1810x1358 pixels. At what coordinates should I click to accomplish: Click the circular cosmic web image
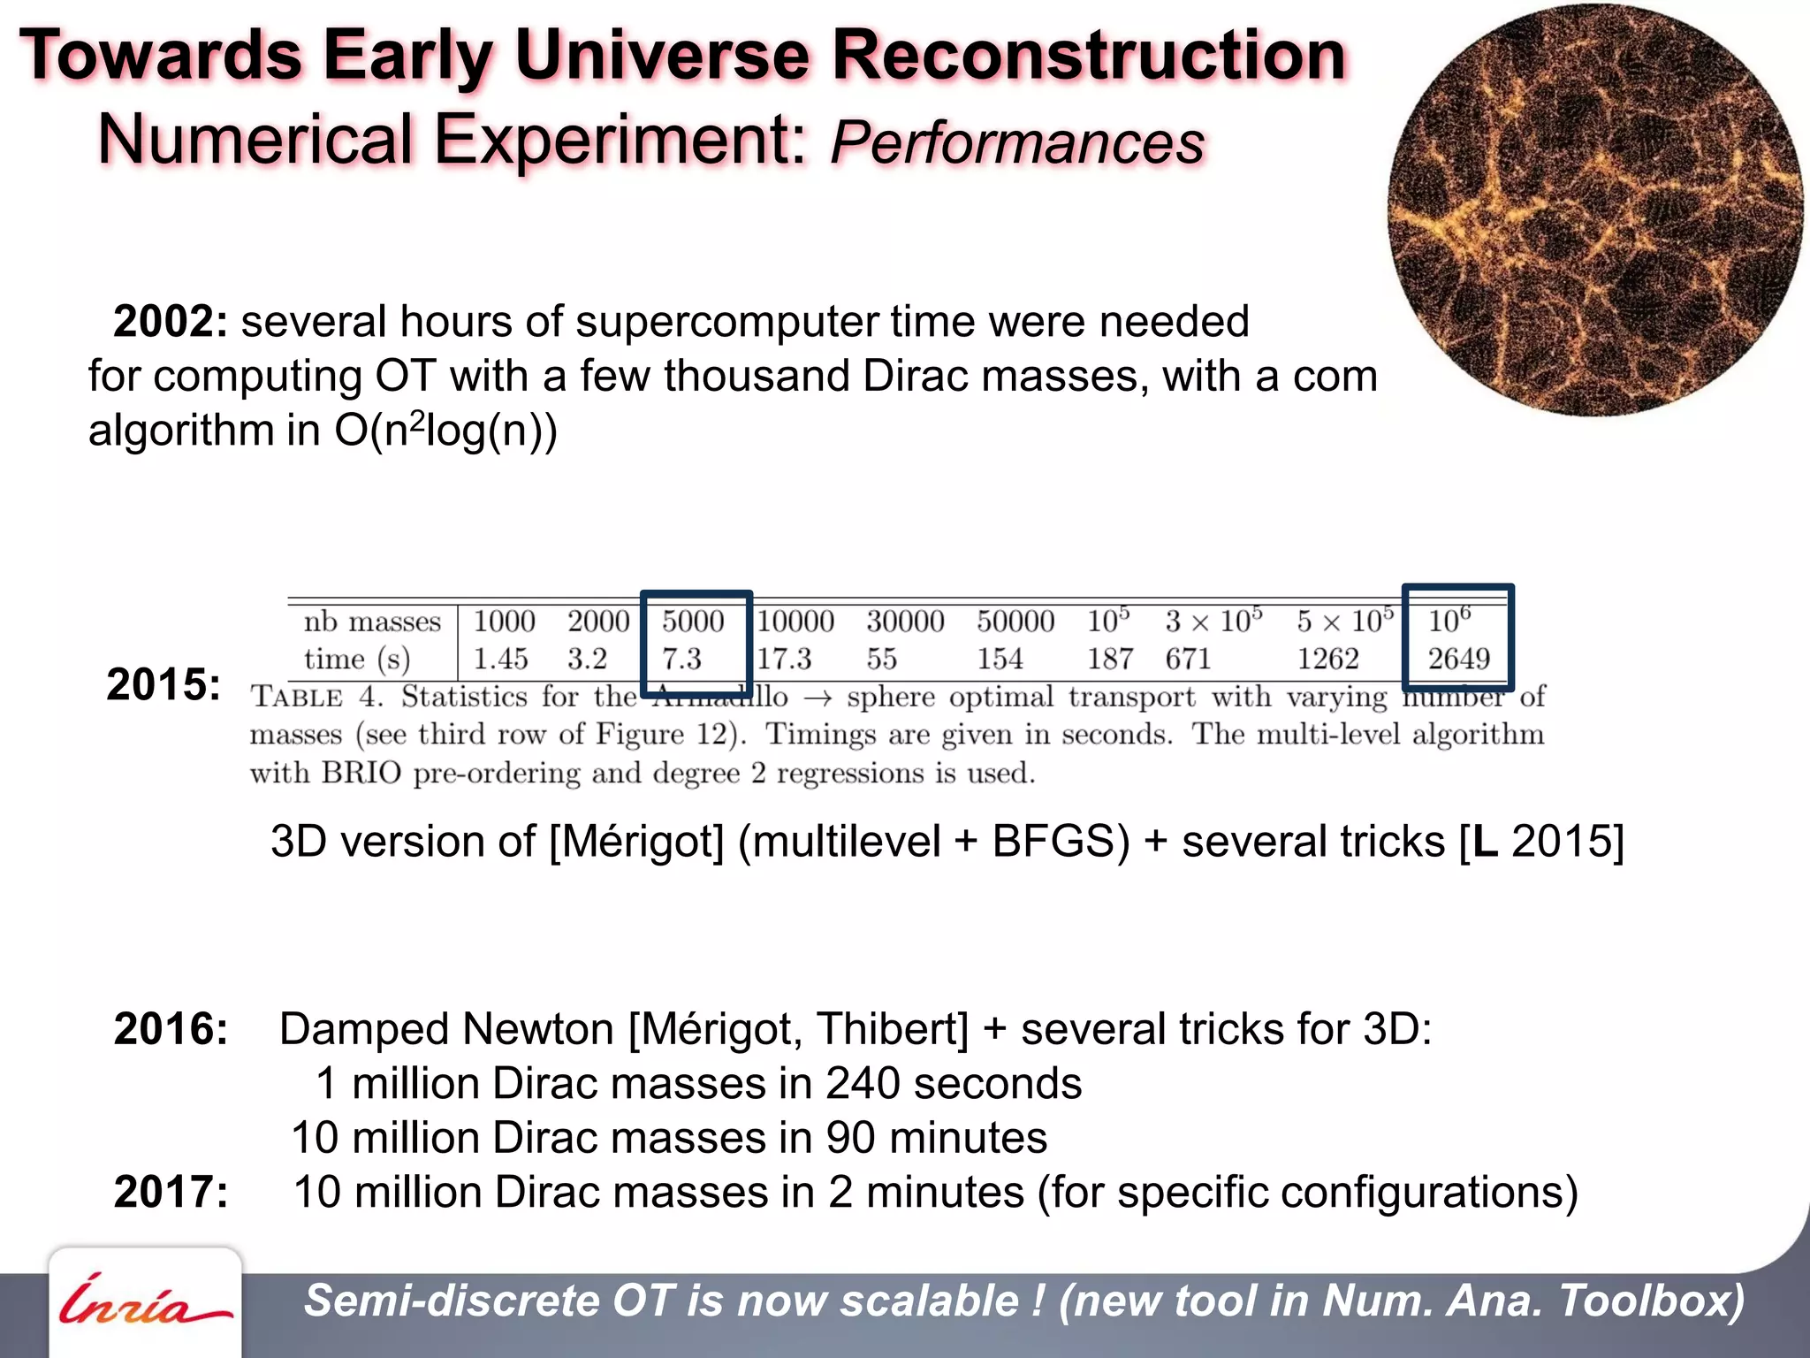(x=1595, y=210)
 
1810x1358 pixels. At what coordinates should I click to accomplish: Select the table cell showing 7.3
(x=681, y=659)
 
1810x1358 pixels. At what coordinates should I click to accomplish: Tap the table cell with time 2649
(x=1458, y=659)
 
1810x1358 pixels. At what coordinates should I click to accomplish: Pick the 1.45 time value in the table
(x=500, y=659)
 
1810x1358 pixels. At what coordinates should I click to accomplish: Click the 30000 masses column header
(x=905, y=622)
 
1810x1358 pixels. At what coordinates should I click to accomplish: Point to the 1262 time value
(x=1327, y=659)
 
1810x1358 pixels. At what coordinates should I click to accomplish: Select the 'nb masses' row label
(x=372, y=622)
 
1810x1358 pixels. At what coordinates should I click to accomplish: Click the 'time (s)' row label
(x=357, y=660)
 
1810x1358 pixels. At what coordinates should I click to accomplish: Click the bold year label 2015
(x=164, y=684)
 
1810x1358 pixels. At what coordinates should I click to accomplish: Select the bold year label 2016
(x=171, y=1029)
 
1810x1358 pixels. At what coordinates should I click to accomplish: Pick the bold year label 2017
(x=171, y=1192)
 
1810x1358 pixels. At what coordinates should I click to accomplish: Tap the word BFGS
(x=1061, y=841)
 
